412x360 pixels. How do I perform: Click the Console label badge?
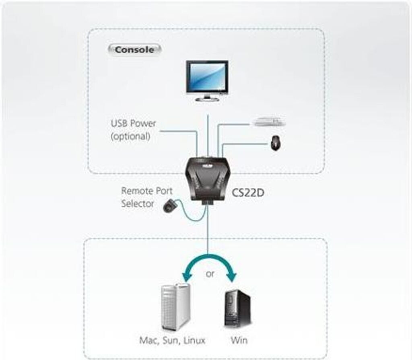coord(134,50)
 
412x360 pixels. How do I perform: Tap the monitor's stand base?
coord(207,99)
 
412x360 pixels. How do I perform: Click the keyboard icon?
coord(269,120)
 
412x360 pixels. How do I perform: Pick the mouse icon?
coord(276,142)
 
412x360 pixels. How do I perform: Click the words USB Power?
coord(133,123)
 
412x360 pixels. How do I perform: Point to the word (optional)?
coord(130,136)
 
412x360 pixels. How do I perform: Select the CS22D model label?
coord(248,193)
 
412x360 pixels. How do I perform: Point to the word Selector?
coord(138,204)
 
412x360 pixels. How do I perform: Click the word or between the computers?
coord(210,275)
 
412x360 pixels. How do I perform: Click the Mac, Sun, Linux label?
coord(172,340)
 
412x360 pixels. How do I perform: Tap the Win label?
coord(239,340)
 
